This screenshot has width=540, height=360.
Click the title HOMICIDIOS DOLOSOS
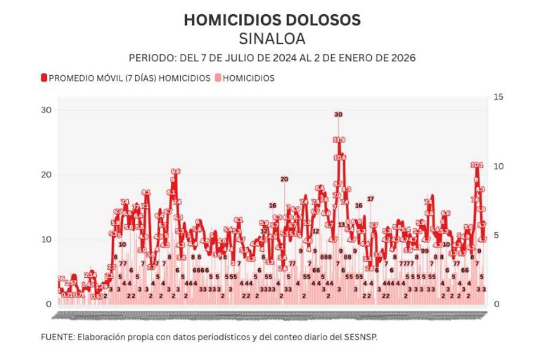click(271, 20)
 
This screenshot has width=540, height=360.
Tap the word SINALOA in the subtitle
click(271, 38)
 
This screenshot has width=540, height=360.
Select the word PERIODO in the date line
click(152, 58)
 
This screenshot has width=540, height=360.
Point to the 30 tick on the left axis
click(47, 110)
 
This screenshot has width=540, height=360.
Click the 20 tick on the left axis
click(47, 174)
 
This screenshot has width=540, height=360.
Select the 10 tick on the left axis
click(47, 239)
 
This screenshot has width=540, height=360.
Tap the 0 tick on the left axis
click(49, 304)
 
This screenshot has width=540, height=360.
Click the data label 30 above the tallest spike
click(338, 114)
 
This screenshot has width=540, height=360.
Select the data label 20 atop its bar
click(284, 179)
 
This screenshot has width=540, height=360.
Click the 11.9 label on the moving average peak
click(339, 140)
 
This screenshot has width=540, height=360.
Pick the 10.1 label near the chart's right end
click(477, 165)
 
